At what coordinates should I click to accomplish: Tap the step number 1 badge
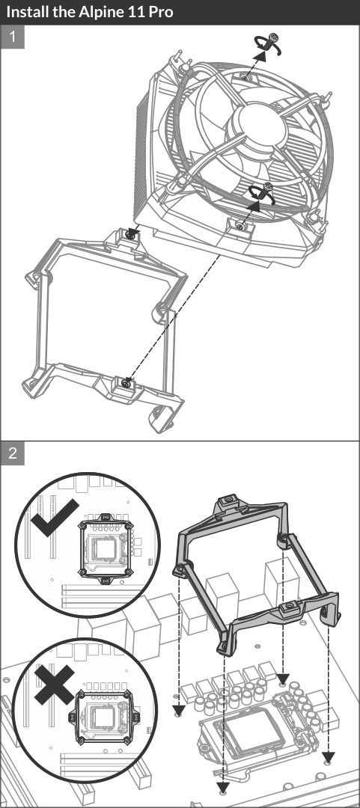[13, 37]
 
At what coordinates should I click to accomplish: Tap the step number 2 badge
[13, 453]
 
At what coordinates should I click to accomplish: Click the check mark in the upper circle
[54, 518]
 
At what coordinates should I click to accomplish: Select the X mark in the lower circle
[55, 685]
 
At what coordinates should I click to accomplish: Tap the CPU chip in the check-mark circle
[106, 550]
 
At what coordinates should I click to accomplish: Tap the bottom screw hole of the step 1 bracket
[126, 382]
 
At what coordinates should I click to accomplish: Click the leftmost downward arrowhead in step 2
[178, 711]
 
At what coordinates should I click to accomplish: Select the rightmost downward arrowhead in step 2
[329, 757]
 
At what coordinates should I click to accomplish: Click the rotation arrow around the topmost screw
[268, 45]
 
